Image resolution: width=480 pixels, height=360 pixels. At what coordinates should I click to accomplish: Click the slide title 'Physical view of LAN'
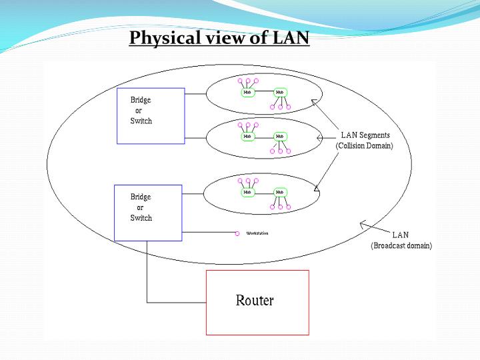(219, 37)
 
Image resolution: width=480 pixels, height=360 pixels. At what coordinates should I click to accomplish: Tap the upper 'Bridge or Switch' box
(151, 115)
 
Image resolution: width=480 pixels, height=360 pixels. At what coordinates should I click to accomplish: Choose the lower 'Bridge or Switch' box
(148, 213)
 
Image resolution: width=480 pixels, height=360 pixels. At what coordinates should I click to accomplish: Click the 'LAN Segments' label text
(365, 135)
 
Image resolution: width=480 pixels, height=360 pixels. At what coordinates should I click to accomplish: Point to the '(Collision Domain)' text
(364, 145)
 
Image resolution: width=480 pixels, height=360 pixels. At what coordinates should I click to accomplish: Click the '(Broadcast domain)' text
(401, 245)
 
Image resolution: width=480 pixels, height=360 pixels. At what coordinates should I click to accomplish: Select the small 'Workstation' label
(257, 233)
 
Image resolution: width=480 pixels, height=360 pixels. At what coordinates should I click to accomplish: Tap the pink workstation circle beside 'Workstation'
(237, 233)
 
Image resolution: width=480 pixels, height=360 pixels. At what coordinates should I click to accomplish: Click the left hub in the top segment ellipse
(248, 93)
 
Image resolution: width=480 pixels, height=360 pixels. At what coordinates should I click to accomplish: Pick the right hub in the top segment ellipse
(280, 93)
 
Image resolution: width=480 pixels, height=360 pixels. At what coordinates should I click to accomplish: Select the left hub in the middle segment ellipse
(248, 136)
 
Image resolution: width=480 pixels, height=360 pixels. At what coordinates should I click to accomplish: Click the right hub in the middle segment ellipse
(280, 136)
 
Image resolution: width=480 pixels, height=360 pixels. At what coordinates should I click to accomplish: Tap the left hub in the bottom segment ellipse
(248, 192)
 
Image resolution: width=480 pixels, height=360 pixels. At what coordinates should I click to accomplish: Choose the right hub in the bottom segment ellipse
(280, 192)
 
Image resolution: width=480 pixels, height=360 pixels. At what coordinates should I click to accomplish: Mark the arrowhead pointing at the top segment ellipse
(313, 101)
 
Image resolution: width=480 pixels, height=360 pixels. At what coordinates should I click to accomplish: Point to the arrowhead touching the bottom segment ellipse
(317, 190)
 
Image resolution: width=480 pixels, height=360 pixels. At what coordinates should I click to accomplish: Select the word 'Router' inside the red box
(255, 301)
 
